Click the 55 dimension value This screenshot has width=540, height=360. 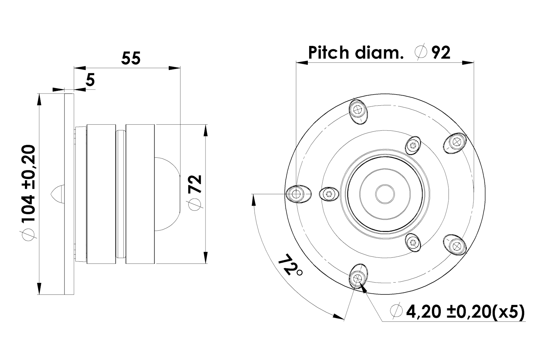(x=131, y=58)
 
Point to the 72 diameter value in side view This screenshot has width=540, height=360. (x=196, y=184)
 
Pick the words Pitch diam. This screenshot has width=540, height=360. (x=356, y=53)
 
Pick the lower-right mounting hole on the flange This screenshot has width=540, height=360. (x=456, y=245)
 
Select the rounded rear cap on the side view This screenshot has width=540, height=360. (x=167, y=194)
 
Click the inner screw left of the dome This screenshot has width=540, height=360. (x=329, y=194)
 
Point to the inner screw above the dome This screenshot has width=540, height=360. (x=413, y=145)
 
